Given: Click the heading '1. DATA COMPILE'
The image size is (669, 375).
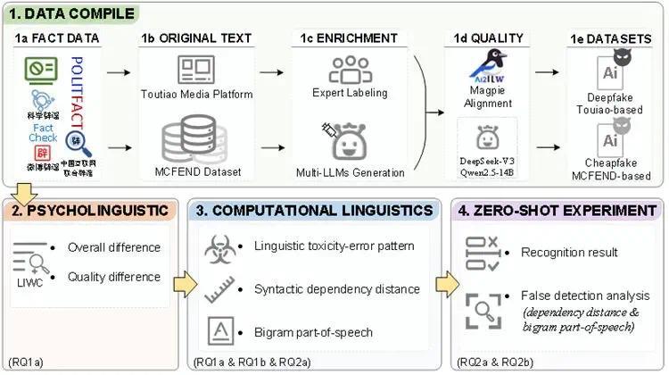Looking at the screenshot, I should point(73,14).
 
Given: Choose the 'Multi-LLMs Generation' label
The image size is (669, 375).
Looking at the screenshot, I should point(351,172).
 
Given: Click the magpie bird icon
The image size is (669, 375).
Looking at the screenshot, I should point(488,68).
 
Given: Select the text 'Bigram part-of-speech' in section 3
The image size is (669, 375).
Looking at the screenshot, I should point(312,333).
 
